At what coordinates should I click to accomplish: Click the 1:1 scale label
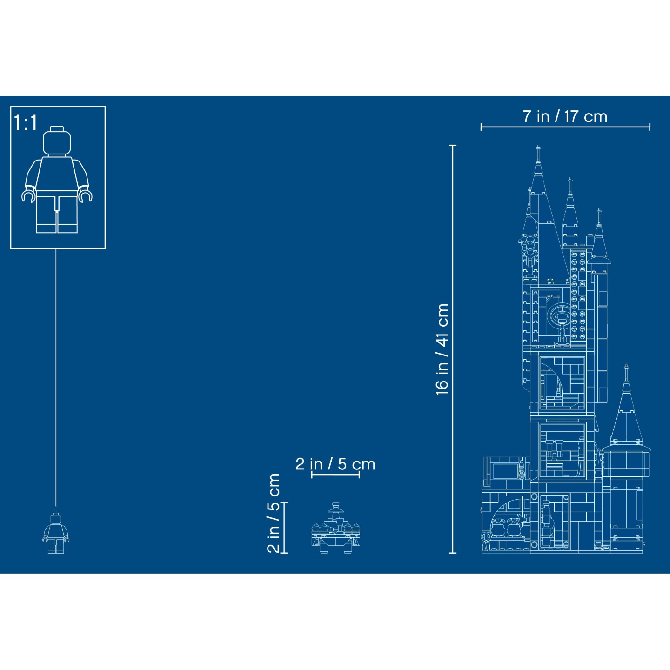pyautogui.click(x=26, y=123)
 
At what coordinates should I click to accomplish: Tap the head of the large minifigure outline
pyautogui.click(x=57, y=141)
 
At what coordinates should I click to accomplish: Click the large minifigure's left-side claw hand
pyautogui.click(x=28, y=196)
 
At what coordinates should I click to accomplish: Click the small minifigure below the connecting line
pyautogui.click(x=56, y=533)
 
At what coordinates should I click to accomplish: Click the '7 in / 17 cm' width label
pyautogui.click(x=565, y=116)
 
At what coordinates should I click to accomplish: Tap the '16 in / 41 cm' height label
pyautogui.click(x=442, y=349)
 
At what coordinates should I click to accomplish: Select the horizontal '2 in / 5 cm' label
pyautogui.click(x=335, y=464)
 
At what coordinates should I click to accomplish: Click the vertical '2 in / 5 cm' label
pyautogui.click(x=274, y=513)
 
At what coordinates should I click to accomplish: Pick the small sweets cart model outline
pyautogui.click(x=336, y=530)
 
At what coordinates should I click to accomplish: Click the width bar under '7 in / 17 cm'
pyautogui.click(x=565, y=127)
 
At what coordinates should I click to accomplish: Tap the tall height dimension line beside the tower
pyautogui.click(x=452, y=349)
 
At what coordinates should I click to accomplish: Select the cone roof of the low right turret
pyautogui.click(x=626, y=414)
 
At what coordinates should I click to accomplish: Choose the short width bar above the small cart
pyautogui.click(x=335, y=475)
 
